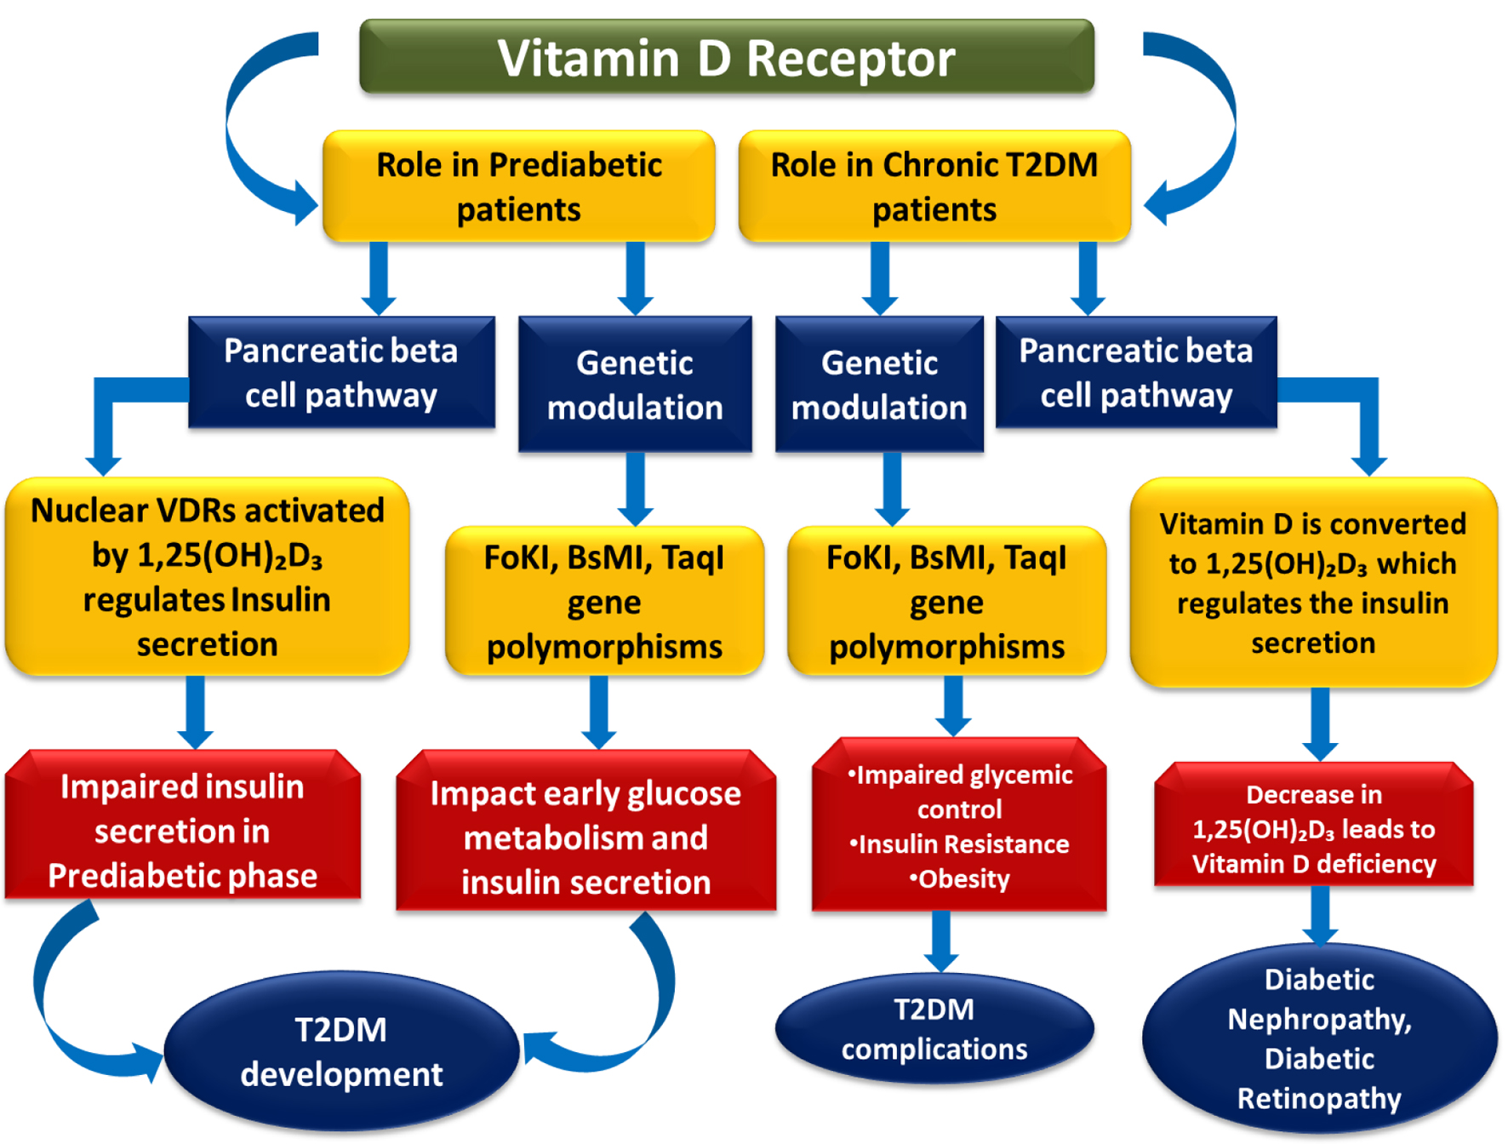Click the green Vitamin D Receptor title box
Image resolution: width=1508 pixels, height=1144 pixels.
(x=727, y=56)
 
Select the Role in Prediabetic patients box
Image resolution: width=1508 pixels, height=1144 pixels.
(x=519, y=186)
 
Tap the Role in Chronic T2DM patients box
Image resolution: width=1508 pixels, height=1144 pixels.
(x=934, y=186)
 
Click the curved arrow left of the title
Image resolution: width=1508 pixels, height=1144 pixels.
(x=243, y=128)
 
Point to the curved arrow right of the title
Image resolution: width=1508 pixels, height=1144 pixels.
(x=1219, y=128)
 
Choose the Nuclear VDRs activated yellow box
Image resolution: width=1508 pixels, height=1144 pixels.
(x=207, y=576)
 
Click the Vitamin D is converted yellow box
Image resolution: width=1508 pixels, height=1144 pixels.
(x=1313, y=582)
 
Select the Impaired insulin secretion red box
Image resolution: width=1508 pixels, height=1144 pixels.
(x=182, y=824)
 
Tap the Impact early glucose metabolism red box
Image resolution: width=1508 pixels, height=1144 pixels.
(x=585, y=830)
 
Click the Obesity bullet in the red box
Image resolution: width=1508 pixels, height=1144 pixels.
(x=959, y=878)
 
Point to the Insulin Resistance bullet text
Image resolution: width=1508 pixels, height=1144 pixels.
(x=959, y=844)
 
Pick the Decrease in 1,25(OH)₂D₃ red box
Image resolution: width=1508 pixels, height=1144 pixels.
(x=1313, y=824)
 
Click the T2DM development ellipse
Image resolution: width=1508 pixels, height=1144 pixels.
(x=341, y=1051)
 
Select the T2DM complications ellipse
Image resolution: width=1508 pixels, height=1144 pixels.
(x=934, y=1028)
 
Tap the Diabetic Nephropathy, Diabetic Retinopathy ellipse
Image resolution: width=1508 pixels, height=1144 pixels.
(x=1319, y=1038)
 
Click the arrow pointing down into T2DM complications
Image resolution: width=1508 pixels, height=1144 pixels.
(x=941, y=941)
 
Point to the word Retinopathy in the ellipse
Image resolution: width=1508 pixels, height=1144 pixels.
(x=1319, y=1098)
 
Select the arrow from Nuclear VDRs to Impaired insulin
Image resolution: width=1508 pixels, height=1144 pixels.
(x=196, y=712)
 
